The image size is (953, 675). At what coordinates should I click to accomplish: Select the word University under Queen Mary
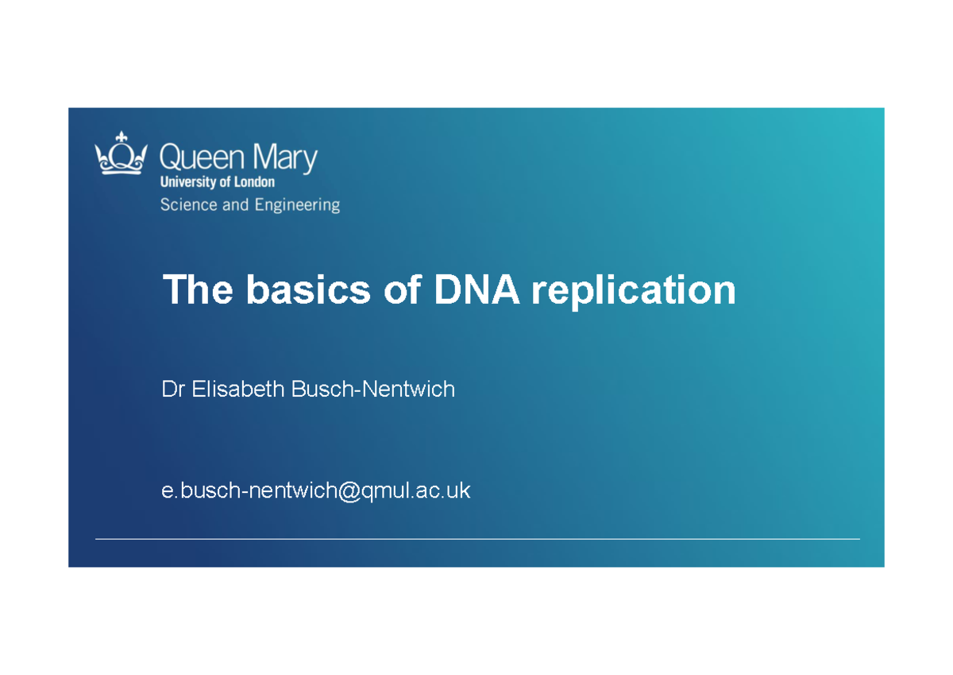(x=188, y=182)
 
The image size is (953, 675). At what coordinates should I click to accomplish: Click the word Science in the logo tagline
(x=188, y=205)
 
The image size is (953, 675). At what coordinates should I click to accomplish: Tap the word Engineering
(x=297, y=206)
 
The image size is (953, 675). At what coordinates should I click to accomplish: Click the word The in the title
(x=198, y=290)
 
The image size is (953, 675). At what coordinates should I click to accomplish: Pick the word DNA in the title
(x=476, y=290)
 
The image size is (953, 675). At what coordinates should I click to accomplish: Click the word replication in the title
(x=633, y=292)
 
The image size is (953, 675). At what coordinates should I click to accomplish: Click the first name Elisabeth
(x=238, y=390)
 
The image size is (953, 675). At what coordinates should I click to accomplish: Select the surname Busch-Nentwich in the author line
(x=372, y=390)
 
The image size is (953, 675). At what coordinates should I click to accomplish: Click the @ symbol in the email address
(x=348, y=491)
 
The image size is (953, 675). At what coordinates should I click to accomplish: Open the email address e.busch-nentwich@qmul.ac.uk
(x=315, y=491)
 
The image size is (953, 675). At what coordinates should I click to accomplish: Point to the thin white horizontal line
(x=476, y=539)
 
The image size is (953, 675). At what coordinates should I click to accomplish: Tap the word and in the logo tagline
(x=235, y=205)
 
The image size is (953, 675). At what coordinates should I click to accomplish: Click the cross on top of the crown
(x=121, y=137)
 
